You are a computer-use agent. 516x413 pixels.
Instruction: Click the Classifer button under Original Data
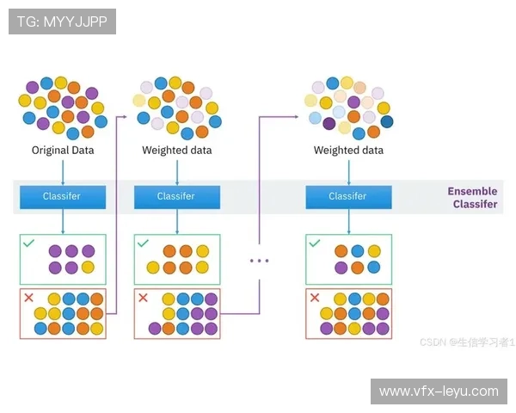tap(62, 196)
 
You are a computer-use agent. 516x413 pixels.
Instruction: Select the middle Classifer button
tap(176, 196)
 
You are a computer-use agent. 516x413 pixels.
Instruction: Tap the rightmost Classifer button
tap(348, 196)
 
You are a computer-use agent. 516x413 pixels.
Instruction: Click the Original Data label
tap(63, 151)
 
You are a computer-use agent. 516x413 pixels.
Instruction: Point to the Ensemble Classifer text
tap(472, 198)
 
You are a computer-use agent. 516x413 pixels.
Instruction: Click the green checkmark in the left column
tap(28, 243)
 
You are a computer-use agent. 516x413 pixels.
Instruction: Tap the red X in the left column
tap(28, 298)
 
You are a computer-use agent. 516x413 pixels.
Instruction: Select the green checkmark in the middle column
tap(143, 243)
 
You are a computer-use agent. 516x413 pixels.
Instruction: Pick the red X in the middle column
tap(143, 298)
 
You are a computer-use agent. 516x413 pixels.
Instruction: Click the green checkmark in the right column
tap(315, 243)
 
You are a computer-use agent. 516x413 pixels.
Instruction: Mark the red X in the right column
tap(315, 298)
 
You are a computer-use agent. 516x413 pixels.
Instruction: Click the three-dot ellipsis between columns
tap(259, 261)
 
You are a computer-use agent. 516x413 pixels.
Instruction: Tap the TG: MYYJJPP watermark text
tap(61, 22)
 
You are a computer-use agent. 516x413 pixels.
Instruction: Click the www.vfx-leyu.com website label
tap(438, 391)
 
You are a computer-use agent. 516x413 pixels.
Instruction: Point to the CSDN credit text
tap(467, 342)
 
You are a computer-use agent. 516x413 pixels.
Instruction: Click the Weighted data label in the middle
tap(176, 151)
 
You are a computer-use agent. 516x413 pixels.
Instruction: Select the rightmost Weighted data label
tap(348, 151)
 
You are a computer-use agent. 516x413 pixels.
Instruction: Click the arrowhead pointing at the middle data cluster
tap(126, 115)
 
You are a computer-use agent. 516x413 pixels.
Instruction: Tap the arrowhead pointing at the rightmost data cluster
tap(298, 115)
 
